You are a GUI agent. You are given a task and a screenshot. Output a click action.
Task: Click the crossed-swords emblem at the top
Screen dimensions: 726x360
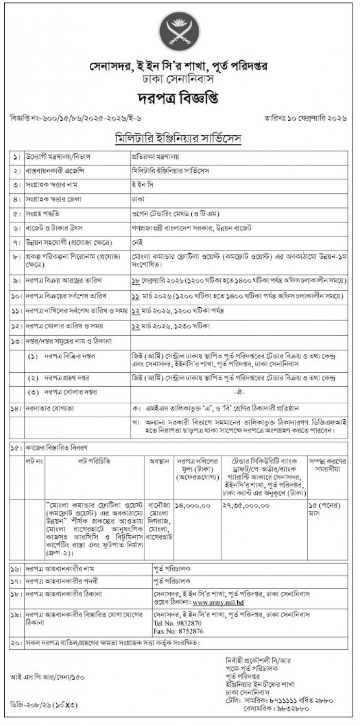click(179, 32)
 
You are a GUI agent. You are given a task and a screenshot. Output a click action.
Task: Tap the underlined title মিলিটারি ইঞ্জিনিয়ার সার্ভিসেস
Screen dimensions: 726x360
click(179, 139)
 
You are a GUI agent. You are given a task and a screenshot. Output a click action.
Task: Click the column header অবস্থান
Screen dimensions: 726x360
click(159, 460)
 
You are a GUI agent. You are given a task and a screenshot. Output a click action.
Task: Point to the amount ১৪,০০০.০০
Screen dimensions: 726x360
click(193, 506)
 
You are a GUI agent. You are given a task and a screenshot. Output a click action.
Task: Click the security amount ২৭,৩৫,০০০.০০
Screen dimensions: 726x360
click(244, 506)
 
